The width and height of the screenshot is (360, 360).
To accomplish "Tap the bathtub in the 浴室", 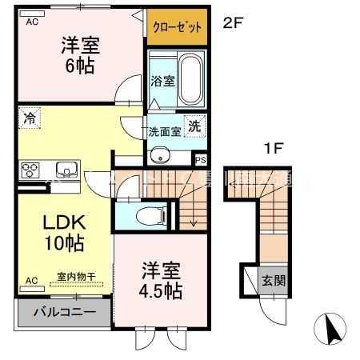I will [x=189, y=81].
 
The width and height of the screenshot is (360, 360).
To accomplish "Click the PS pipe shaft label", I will [x=200, y=159].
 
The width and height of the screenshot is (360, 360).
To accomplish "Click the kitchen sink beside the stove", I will [x=65, y=169].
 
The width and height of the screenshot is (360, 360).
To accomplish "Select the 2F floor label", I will [x=233, y=22].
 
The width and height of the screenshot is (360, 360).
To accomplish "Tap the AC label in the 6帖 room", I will [x=32, y=22].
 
